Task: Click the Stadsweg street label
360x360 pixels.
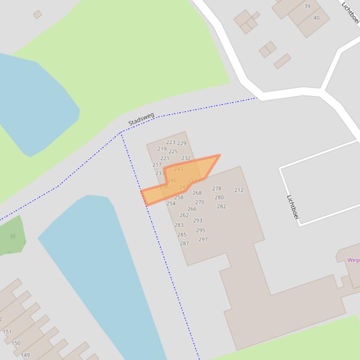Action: (141, 119)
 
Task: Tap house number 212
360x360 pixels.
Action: (239, 190)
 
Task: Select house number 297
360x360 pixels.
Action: (203, 239)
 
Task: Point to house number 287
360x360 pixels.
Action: (184, 244)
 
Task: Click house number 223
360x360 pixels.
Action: (170, 142)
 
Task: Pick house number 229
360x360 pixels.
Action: (182, 144)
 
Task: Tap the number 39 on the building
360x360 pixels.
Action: (307, 7)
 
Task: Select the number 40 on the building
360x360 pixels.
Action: (316, 18)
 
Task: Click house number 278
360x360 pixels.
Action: (216, 189)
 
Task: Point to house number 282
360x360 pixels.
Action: (221, 207)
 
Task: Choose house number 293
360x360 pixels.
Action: (198, 221)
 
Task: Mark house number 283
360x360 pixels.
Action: (179, 225)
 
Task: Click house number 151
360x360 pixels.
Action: (7, 332)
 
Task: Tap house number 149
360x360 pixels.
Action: (25, 355)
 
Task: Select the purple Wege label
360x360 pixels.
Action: (353, 260)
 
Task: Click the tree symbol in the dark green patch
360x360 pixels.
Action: (13, 237)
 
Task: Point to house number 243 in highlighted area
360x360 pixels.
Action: (178, 169)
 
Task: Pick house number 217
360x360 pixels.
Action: (157, 165)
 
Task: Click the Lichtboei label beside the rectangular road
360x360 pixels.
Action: (293, 207)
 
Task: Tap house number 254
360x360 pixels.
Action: (171, 204)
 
